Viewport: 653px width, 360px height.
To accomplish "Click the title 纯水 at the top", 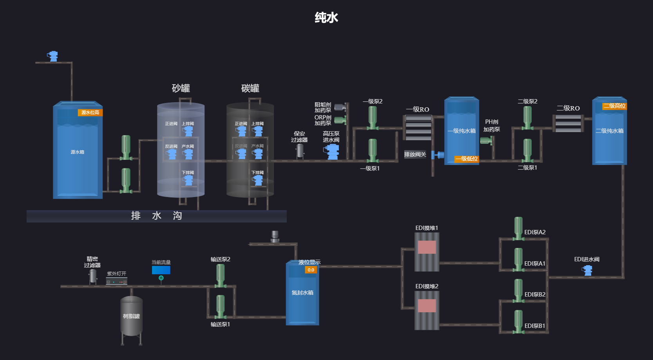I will (x=326, y=18).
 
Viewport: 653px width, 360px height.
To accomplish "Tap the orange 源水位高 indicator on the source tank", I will (x=90, y=112).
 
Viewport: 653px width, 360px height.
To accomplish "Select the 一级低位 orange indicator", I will (x=467, y=159).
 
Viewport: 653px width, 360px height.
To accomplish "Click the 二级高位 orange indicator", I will (x=614, y=106).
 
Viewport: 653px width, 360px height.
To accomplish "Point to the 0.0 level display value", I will (x=311, y=270).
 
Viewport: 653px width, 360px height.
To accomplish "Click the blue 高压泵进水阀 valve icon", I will (x=332, y=152).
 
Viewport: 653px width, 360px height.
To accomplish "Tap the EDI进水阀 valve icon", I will (x=587, y=270).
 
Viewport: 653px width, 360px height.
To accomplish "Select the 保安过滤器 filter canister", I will (x=300, y=151).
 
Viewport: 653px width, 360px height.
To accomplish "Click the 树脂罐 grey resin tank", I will (x=131, y=316).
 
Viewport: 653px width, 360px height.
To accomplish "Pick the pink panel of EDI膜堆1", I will (x=427, y=247).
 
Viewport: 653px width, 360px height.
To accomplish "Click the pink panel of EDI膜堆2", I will (x=427, y=306).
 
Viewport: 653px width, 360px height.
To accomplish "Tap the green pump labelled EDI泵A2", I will (x=518, y=228).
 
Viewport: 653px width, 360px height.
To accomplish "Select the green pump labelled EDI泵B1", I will (x=518, y=322).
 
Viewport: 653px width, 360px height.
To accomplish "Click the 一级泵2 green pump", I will (x=373, y=118).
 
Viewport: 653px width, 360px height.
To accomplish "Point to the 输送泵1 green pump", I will (x=221, y=307).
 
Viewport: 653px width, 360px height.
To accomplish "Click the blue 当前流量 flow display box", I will (x=161, y=270).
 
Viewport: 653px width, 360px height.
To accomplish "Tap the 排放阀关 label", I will (x=415, y=154).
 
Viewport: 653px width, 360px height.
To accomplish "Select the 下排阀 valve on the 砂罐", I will (x=188, y=180).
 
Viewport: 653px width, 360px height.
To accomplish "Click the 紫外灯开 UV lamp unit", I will (x=116, y=281).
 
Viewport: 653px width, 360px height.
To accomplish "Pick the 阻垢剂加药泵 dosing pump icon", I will (x=340, y=107).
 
